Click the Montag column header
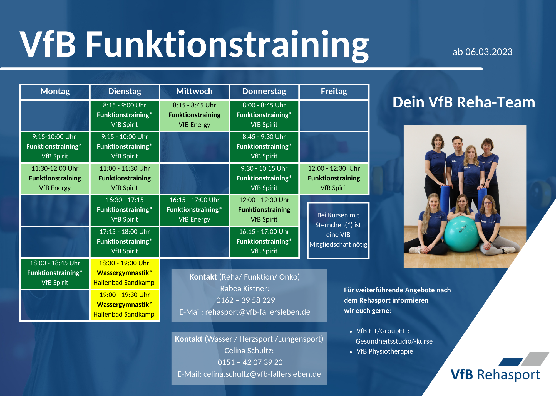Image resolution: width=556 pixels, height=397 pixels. coord(55,92)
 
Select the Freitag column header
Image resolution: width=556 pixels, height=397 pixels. coord(334,92)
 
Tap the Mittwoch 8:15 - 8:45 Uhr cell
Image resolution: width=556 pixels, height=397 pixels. coord(194,115)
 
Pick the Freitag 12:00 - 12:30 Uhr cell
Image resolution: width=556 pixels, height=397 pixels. coord(334,178)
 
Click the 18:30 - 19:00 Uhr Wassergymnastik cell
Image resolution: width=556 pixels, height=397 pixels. coord(124,273)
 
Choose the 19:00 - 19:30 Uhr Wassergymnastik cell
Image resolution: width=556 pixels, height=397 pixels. coord(124,305)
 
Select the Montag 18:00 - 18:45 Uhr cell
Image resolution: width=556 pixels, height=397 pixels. coord(55,273)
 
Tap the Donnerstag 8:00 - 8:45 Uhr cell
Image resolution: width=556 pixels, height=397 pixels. coord(264,115)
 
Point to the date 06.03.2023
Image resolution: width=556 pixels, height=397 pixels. coord(489,52)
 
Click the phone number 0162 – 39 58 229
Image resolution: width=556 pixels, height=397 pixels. coord(245,300)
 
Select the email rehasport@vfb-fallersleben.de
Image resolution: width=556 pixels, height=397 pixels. coord(257,312)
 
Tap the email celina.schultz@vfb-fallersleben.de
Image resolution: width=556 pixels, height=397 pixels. coord(262,374)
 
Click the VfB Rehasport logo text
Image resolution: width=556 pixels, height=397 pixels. coord(495,375)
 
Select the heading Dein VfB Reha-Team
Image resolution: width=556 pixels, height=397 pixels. coord(464,102)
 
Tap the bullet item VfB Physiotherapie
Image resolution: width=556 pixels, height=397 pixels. coord(385,351)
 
